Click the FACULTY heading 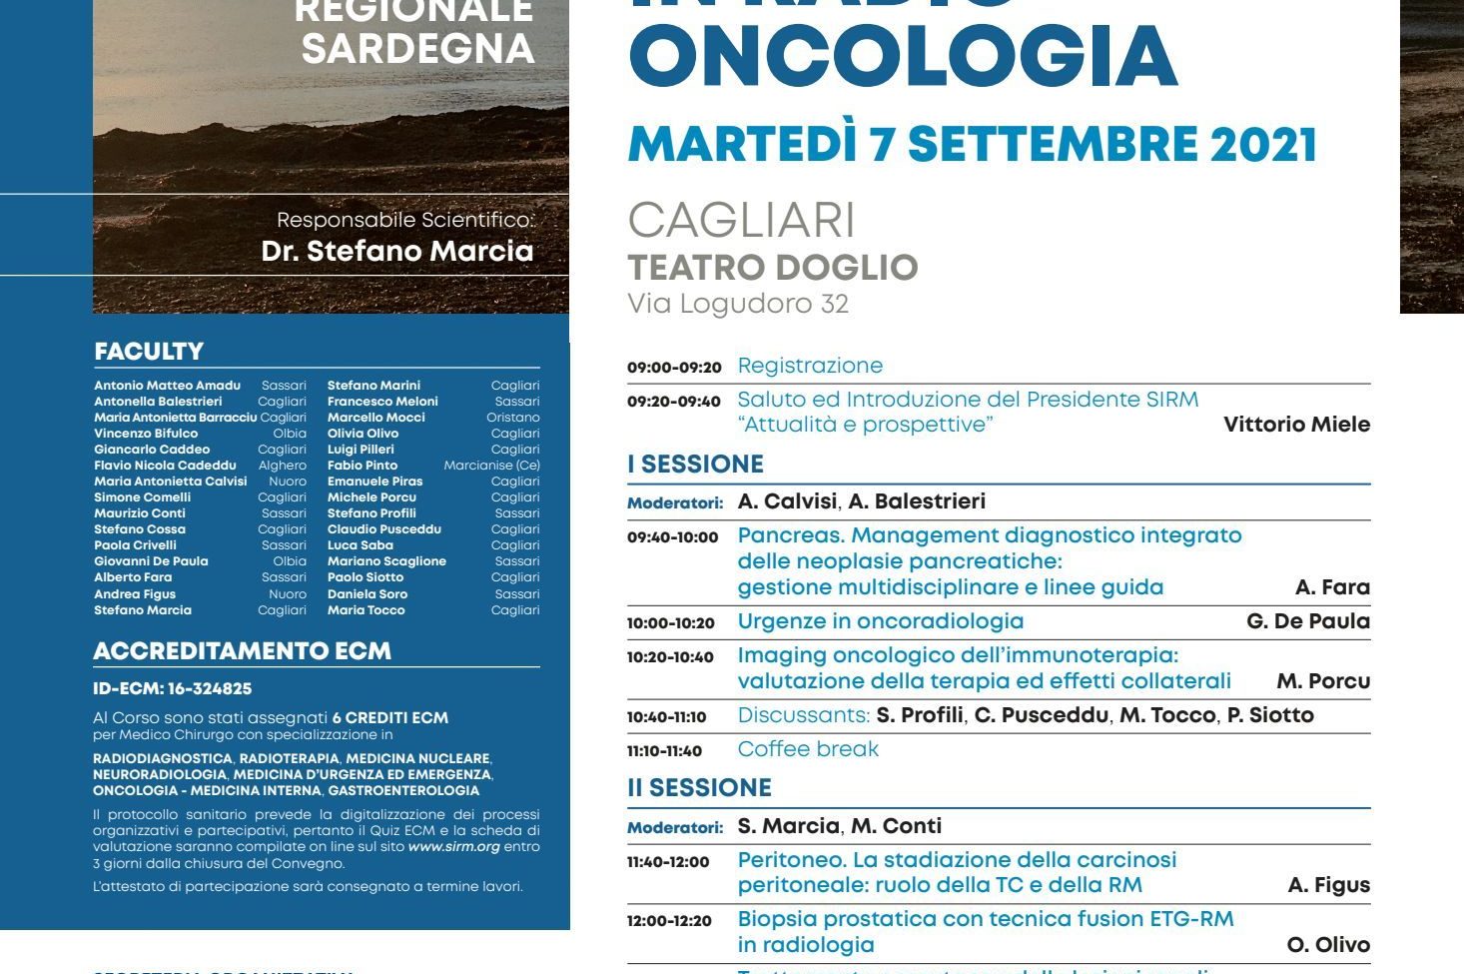tap(149, 352)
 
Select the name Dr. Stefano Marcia tap(397, 251)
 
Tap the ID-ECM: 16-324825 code tap(172, 688)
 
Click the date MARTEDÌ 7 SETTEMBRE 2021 tap(972, 145)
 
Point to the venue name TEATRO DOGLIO tap(772, 268)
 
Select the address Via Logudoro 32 tap(738, 304)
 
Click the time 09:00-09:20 tap(674, 368)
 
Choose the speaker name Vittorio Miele tap(1296, 425)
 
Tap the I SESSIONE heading tap(695, 465)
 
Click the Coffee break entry tap(808, 749)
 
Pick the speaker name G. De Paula tap(1308, 621)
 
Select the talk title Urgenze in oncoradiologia tap(880, 621)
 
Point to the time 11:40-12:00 tap(668, 862)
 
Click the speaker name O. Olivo tap(1328, 945)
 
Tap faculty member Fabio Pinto tap(363, 466)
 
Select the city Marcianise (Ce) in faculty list tap(491, 466)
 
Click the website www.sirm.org tap(453, 847)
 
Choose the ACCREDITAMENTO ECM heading tap(242, 651)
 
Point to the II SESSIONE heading tap(699, 788)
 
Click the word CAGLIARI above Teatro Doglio tap(741, 221)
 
